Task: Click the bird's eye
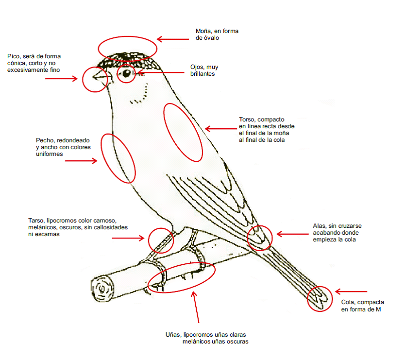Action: pyautogui.click(x=127, y=74)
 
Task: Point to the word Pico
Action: pyautogui.click(x=15, y=56)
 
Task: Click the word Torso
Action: pyautogui.click(x=247, y=120)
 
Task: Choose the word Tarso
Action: pyautogui.click(x=37, y=221)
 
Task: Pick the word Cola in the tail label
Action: pyautogui.click(x=348, y=302)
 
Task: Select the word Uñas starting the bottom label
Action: pyautogui.click(x=173, y=335)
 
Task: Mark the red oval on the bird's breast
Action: pyautogui.click(x=118, y=158)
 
